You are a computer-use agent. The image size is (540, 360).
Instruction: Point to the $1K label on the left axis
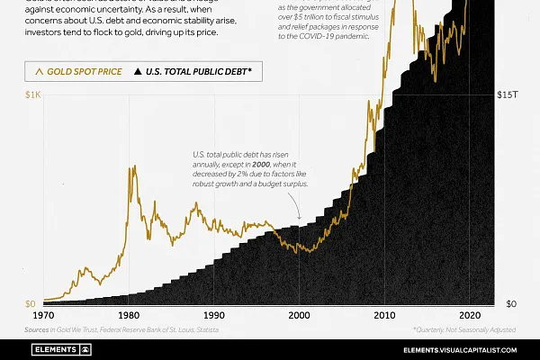31,94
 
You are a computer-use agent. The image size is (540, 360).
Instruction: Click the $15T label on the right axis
508,94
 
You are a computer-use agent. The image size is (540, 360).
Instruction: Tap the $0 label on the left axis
31,303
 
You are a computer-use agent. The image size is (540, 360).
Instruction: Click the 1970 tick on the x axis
42,316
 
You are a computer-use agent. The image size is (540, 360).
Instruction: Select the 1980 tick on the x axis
128,316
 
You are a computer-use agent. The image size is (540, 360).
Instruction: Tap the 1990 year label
213,316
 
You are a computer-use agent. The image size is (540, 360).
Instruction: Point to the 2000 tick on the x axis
299,316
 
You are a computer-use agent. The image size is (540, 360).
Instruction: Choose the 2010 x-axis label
383,316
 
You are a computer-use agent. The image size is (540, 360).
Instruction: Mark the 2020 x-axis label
469,316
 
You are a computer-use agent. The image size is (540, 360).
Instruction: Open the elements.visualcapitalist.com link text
458,347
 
